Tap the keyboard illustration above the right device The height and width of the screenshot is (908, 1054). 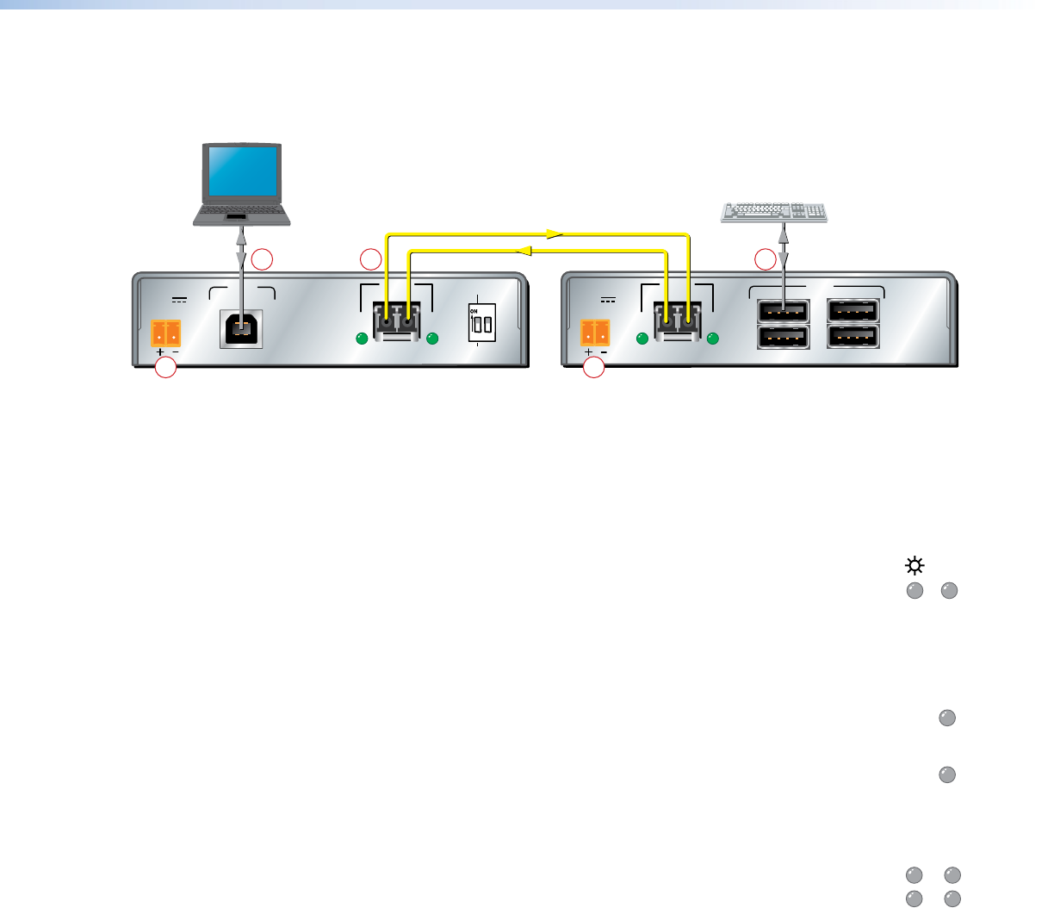[773, 212]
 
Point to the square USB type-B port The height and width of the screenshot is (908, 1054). [241, 329]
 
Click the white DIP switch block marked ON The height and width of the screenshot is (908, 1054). [481, 321]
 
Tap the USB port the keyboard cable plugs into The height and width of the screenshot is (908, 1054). [783, 311]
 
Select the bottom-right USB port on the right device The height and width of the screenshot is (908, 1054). [852, 336]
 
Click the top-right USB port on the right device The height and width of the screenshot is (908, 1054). [852, 311]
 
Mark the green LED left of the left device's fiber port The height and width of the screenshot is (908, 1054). [363, 339]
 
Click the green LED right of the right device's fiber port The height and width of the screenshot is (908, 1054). [713, 339]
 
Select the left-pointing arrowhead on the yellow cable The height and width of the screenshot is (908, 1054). [521, 251]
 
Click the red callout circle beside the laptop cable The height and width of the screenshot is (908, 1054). [263, 258]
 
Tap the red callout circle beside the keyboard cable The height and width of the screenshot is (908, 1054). [765, 258]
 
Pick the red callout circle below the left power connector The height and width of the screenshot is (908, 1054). [165, 369]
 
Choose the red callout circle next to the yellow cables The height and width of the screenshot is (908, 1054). [370, 258]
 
